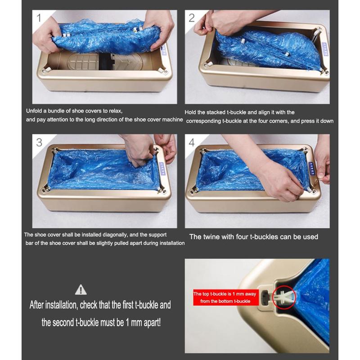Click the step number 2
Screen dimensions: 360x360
[192, 18]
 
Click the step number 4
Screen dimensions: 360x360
[192, 142]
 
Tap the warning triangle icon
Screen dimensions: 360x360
[81, 289]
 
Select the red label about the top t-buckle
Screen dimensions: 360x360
[225, 297]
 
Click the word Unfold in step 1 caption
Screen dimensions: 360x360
[35, 111]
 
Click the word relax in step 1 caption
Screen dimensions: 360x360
[112, 111]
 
